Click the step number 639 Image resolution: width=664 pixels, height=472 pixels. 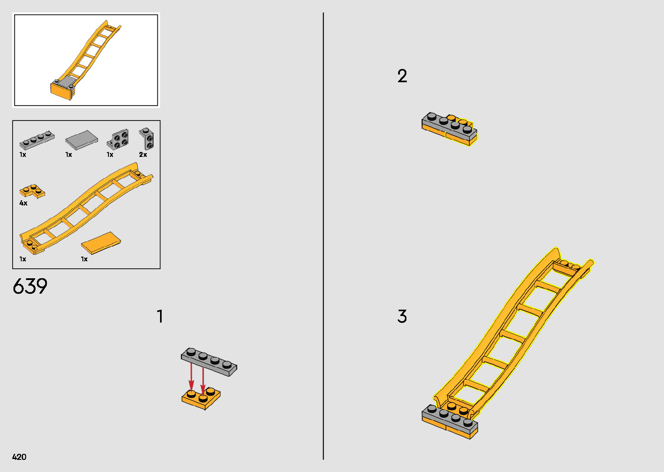coord(30,286)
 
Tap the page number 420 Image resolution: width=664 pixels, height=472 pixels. coord(19,457)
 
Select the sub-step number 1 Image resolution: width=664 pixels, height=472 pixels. coord(160,316)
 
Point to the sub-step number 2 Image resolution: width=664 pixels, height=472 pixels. coord(402,76)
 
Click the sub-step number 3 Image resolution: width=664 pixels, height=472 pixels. coord(402,316)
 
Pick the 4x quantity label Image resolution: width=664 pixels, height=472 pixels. coord(23,203)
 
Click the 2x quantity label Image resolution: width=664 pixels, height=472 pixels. coord(143,155)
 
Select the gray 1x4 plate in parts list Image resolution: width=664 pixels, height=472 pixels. coord(37,140)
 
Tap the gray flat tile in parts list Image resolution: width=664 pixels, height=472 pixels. coord(82,139)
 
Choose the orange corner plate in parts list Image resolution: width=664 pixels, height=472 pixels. coord(32,191)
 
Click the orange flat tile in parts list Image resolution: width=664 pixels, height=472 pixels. coord(101,243)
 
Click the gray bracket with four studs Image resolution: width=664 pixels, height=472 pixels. coord(118,139)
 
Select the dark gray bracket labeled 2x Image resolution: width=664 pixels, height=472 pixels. coord(147,139)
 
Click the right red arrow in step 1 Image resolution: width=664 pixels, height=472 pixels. coord(203,380)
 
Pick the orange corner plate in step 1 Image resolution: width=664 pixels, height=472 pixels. coord(201,398)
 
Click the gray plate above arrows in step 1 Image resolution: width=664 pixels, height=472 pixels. coord(209,362)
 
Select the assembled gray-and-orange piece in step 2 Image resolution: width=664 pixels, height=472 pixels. coord(450,129)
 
